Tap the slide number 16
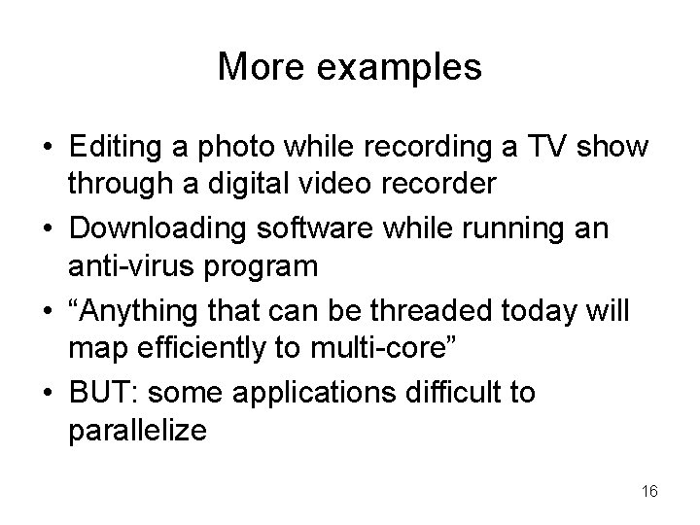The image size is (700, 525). (x=649, y=492)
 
